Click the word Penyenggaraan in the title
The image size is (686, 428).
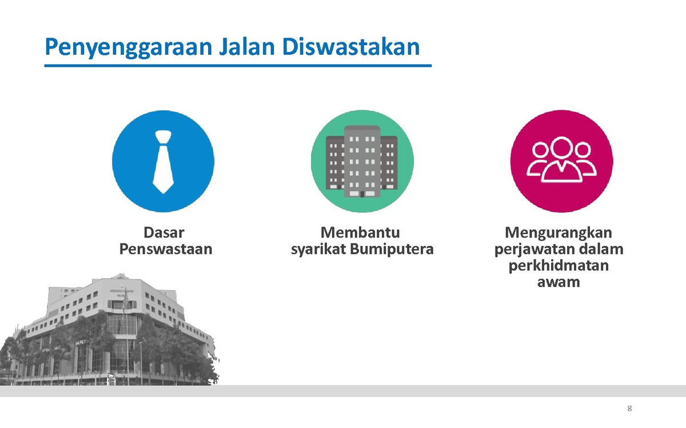point(129,48)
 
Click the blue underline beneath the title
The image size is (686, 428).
point(238,66)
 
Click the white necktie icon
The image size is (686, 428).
point(163,161)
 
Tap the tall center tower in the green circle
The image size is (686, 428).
point(362,161)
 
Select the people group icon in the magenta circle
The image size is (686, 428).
point(561,160)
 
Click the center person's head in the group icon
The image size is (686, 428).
point(561,147)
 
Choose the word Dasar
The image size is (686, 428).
point(164,232)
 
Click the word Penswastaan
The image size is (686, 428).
point(166,249)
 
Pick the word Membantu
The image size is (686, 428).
point(360,232)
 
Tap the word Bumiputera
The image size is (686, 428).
point(392,249)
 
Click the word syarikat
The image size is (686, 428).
point(318,249)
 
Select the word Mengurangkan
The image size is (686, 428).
point(559,233)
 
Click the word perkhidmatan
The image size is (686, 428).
point(559,266)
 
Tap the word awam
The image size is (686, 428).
point(559,282)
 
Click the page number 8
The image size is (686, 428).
point(629,409)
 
